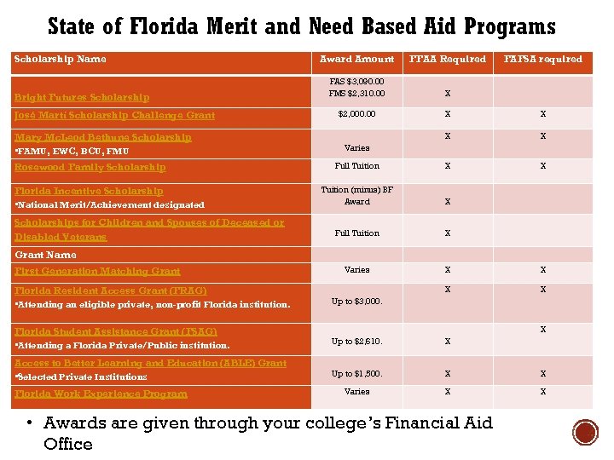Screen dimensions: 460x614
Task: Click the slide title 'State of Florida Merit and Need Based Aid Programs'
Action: pos(301,26)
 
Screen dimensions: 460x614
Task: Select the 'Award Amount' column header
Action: pos(356,60)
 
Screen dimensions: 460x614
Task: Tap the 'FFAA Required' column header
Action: pos(448,60)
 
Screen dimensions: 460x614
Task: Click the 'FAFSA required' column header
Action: pos(543,60)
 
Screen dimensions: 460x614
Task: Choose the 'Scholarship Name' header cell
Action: pos(60,60)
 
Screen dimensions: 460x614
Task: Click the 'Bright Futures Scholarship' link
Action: pos(82,97)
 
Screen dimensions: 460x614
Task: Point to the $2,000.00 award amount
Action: pos(356,114)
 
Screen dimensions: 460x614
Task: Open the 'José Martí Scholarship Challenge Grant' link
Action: pos(114,115)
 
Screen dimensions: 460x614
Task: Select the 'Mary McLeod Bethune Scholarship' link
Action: pos(103,137)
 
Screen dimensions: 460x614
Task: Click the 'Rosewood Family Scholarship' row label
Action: pos(90,167)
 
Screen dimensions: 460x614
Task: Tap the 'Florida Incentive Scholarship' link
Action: pos(89,191)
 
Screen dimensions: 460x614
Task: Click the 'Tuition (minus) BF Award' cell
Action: pos(356,196)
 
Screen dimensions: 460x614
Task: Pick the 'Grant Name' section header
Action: pos(45,255)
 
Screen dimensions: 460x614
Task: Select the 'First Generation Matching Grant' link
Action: pos(97,271)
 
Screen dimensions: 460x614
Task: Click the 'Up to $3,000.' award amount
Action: pos(356,302)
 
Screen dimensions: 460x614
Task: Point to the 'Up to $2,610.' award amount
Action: pos(356,342)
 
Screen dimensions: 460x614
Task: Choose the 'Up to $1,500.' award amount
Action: pos(356,374)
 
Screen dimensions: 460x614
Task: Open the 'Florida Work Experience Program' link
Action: pos(101,394)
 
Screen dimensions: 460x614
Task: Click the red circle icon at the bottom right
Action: pos(585,433)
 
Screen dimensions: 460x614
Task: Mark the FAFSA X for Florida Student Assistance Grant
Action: pos(542,330)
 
